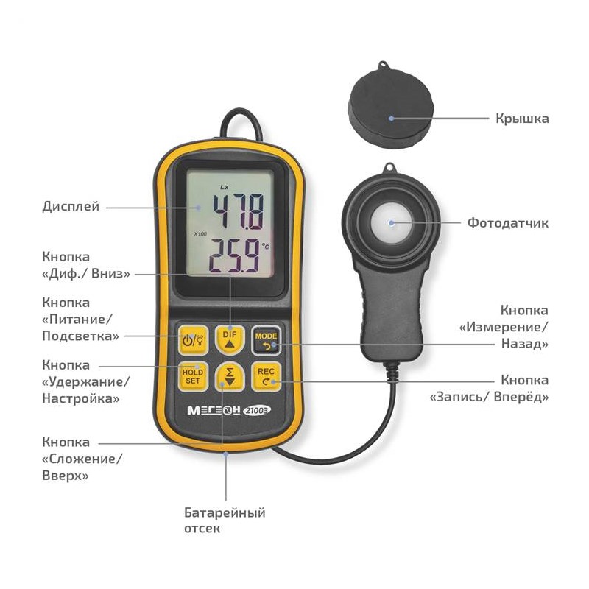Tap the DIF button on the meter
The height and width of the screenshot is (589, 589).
230,339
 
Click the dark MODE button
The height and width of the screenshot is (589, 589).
266,340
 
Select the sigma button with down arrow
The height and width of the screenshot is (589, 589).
230,376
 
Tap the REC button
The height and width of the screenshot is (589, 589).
266,376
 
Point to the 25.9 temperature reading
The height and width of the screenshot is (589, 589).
234,255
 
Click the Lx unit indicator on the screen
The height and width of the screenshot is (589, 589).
225,187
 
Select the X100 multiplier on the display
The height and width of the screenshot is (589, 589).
200,234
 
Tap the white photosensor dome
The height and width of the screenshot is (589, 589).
391,223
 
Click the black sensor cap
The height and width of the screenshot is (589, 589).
391,106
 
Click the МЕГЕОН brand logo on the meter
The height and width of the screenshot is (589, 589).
214,410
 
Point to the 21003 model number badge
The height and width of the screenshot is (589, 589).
257,411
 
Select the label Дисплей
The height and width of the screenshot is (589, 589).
71,207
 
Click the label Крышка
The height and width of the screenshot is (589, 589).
522,119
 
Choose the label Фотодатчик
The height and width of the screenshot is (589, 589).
508,223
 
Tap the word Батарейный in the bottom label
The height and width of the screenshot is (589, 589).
225,512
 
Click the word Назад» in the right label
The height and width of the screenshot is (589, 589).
525,344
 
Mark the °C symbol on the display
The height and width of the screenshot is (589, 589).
265,247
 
